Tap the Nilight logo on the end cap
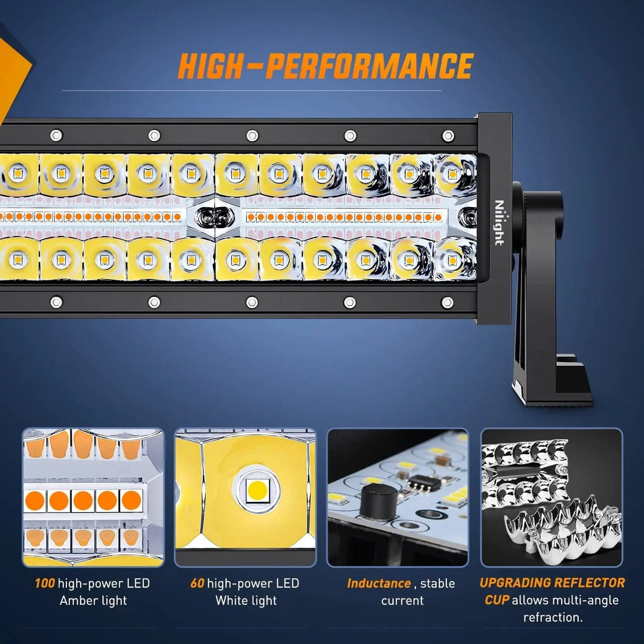499,223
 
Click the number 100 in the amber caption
45,584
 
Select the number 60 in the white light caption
197,584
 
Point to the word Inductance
379,584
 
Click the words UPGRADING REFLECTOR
552,583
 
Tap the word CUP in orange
497,600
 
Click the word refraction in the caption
553,617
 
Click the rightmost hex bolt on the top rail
448,136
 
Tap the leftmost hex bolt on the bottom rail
56,302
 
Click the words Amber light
93,601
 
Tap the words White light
246,601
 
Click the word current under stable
403,601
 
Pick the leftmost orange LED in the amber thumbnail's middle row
34,501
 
